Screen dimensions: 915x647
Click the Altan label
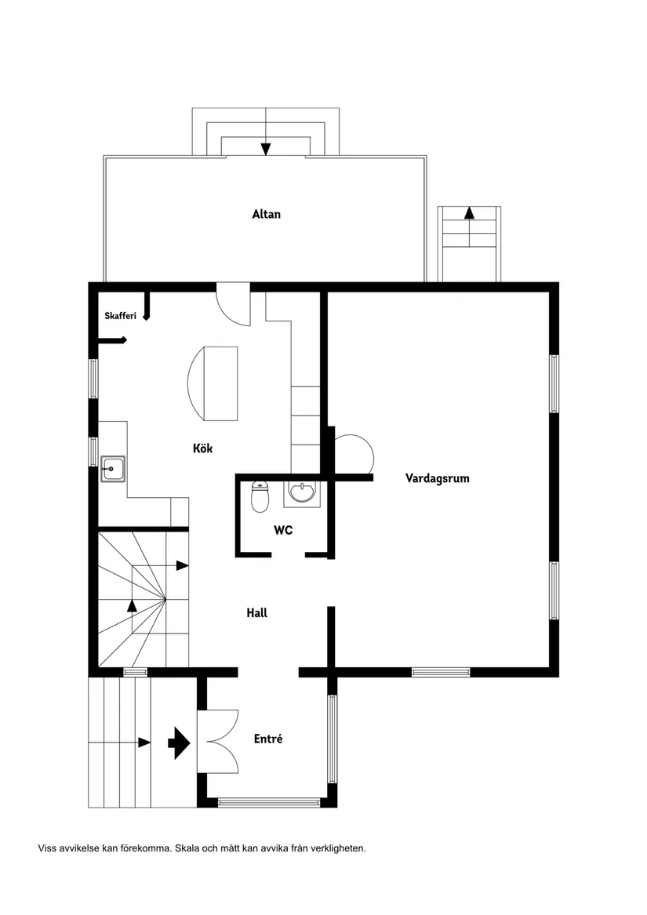[266, 214]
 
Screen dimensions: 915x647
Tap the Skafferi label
[121, 316]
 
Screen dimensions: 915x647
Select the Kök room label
[203, 448]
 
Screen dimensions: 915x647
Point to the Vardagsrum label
[438, 477]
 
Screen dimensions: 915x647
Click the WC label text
[283, 530]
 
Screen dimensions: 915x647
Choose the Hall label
[257, 612]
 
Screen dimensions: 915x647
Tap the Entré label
[268, 739]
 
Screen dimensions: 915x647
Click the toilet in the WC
[260, 496]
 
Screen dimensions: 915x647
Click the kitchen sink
[112, 470]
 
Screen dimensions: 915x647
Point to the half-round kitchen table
[213, 384]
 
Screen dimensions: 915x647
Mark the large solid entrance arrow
[180, 743]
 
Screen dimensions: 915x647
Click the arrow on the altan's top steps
[266, 148]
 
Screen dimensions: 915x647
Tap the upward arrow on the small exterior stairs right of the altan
[469, 212]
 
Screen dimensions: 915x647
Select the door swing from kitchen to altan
[233, 306]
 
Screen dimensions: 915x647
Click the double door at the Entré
[218, 742]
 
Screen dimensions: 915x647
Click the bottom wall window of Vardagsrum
[441, 672]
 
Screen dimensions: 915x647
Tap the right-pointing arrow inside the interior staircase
[182, 565]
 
